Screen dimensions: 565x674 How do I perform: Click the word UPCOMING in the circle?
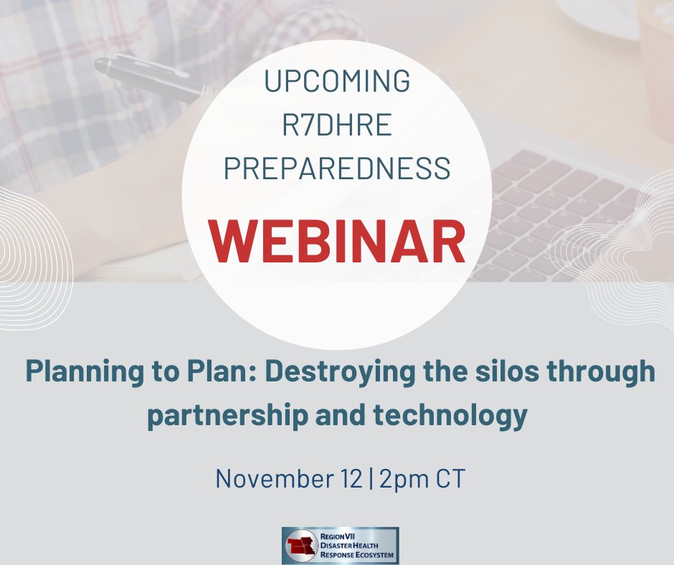click(337, 82)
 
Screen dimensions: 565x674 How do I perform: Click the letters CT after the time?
click(448, 478)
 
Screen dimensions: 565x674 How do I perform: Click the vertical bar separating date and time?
click(369, 478)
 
